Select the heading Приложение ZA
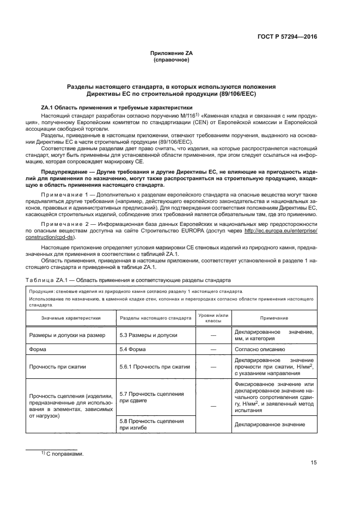tap(172, 53)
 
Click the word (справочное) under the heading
tap(172, 60)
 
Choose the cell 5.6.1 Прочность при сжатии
tap(154, 366)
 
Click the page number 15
tap(314, 463)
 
